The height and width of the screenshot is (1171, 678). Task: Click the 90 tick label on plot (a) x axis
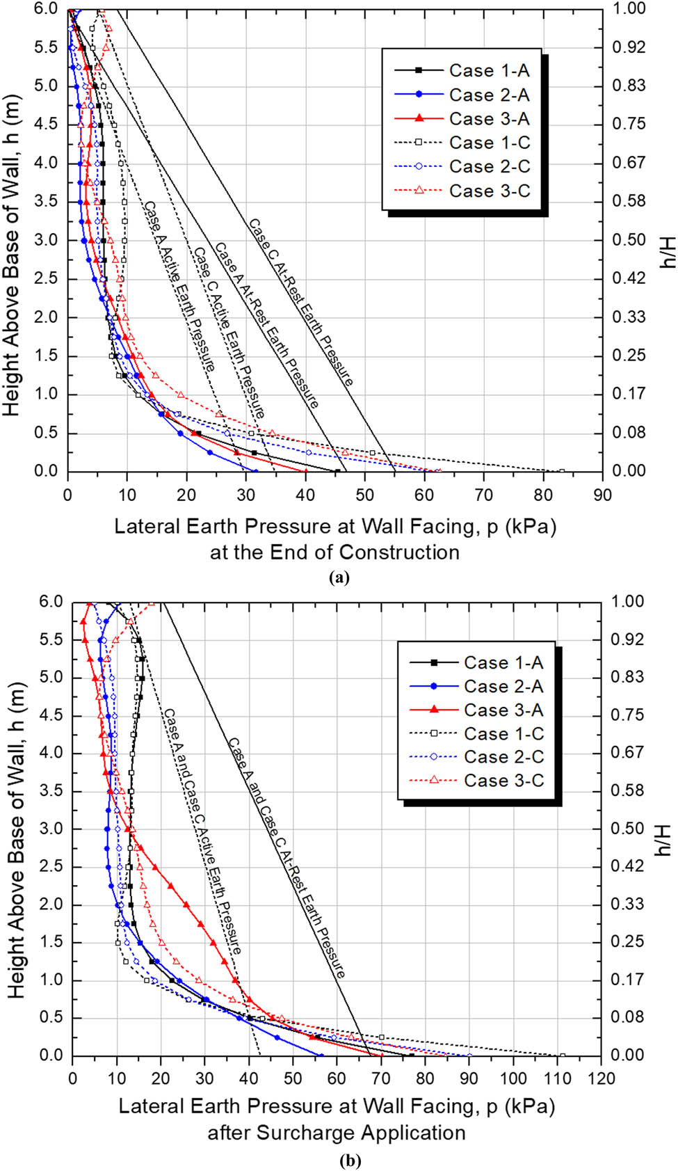click(x=602, y=495)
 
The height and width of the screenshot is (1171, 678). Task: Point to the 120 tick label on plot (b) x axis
click(x=601, y=1078)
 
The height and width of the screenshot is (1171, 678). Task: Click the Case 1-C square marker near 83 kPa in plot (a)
click(x=562, y=471)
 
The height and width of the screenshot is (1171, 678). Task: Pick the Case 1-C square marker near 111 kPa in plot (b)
click(x=562, y=1055)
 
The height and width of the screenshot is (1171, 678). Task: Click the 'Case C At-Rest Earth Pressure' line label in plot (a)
click(x=301, y=302)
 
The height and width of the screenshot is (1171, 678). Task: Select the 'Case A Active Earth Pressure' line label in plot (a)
click(x=179, y=286)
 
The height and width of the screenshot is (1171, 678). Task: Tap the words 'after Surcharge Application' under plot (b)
click(x=337, y=1133)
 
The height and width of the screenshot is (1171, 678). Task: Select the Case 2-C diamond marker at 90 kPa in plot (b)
click(x=469, y=1055)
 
